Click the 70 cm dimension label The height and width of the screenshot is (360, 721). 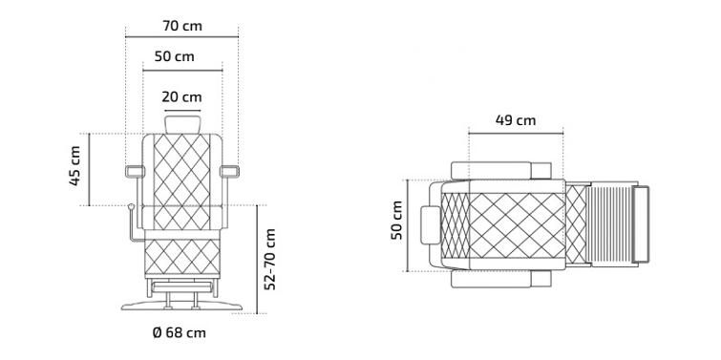click(x=182, y=26)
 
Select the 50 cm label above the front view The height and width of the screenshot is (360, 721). click(x=174, y=56)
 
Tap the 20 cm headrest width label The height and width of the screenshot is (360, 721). click(x=181, y=97)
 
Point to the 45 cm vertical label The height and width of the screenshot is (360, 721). click(x=74, y=165)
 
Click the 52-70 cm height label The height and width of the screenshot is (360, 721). click(x=270, y=260)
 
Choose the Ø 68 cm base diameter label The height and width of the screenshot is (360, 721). click(x=179, y=332)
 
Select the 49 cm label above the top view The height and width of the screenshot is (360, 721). click(x=516, y=120)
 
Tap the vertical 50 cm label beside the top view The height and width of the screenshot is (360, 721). click(x=396, y=220)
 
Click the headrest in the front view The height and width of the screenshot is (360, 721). click(x=182, y=124)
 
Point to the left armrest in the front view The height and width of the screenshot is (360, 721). click(x=135, y=172)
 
